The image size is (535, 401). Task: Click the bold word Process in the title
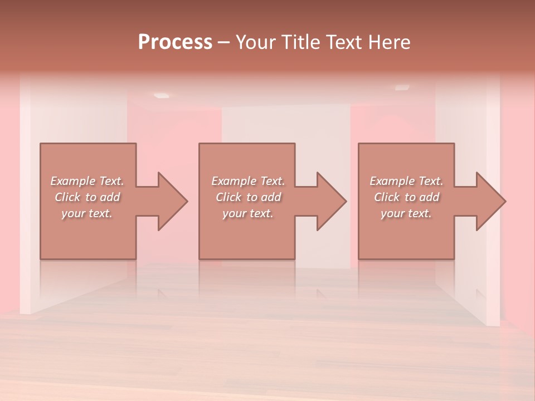coord(175,42)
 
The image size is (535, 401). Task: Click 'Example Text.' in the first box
coord(87,181)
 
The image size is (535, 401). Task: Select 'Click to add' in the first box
coord(87,197)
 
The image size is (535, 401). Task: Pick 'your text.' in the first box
coord(87,213)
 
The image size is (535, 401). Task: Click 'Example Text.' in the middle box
coord(248,181)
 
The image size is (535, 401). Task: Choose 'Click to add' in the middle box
coord(248,197)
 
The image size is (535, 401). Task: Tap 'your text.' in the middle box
coord(248,213)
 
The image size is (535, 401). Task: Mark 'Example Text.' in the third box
coord(406,181)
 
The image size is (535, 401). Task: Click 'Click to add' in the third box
coord(406,197)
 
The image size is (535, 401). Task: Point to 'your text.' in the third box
coord(406,213)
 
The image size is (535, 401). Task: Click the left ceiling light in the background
coord(161,95)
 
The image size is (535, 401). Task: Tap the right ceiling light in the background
coord(402,87)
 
